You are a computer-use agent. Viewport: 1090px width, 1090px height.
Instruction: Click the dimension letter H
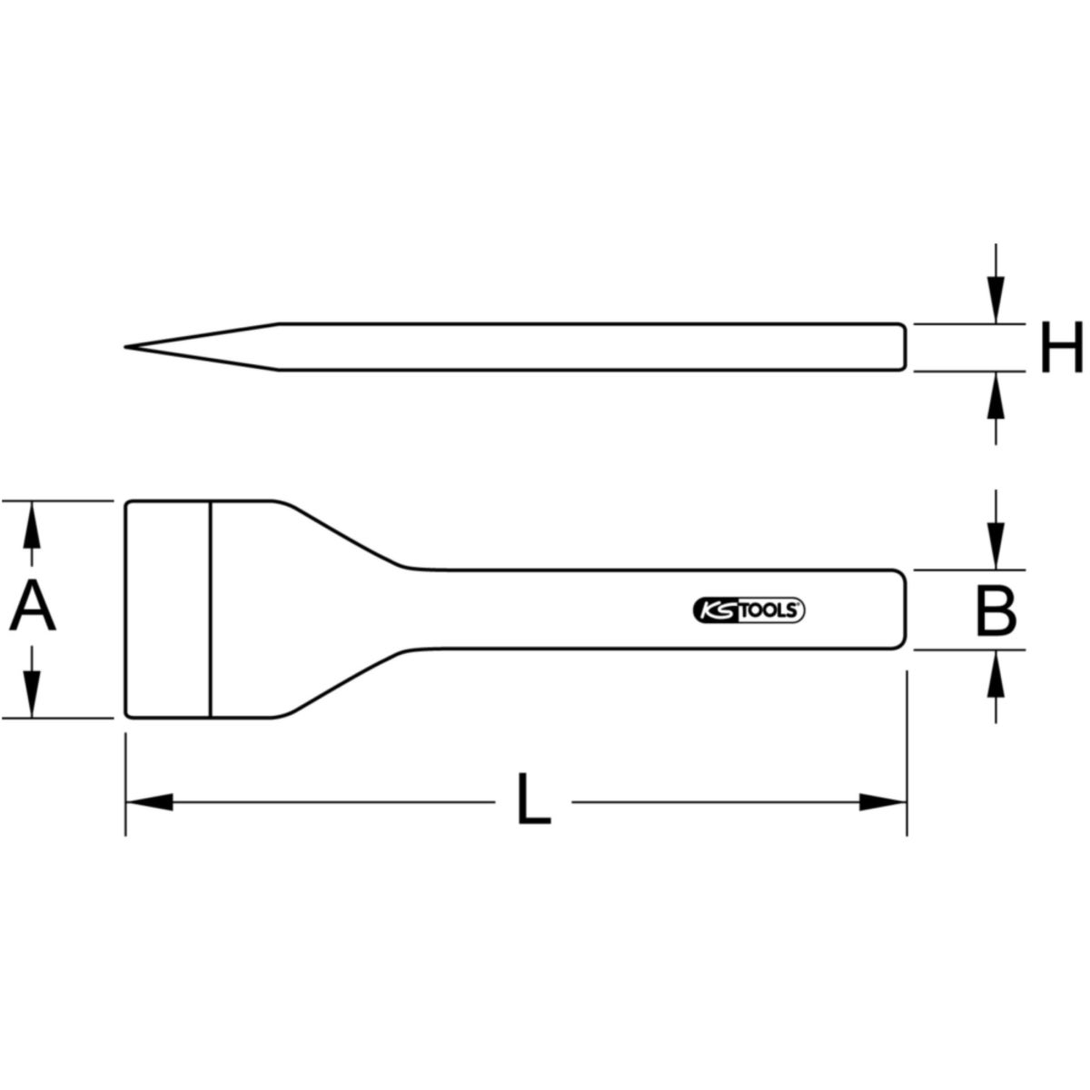point(1062,347)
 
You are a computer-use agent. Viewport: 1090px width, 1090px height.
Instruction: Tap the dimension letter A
point(32,609)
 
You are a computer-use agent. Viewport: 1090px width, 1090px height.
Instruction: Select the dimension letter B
point(996,610)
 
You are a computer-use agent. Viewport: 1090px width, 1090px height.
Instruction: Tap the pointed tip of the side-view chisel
point(125,346)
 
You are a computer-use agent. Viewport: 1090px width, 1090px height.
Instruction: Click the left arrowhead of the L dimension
point(149,801)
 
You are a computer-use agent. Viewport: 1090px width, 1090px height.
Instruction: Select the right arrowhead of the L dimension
point(882,801)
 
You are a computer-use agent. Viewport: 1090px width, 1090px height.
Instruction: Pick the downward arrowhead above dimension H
point(996,300)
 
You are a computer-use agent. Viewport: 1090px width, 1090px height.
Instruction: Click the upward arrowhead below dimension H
point(996,395)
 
